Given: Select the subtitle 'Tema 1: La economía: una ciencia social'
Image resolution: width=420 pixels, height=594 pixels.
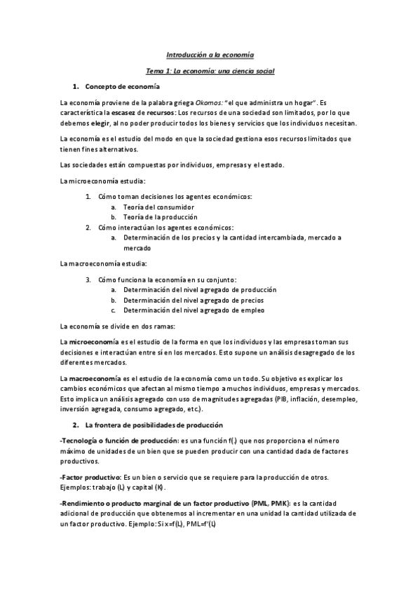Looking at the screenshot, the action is pyautogui.click(x=210, y=71).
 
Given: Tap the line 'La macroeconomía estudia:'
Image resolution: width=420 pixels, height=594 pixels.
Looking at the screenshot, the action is pyautogui.click(x=103, y=263).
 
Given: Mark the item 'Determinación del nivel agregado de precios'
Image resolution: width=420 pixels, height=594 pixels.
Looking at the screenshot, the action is pyautogui.click(x=194, y=300).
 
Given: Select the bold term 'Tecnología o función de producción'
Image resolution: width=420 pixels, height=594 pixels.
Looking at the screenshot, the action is pyautogui.click(x=119, y=441).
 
